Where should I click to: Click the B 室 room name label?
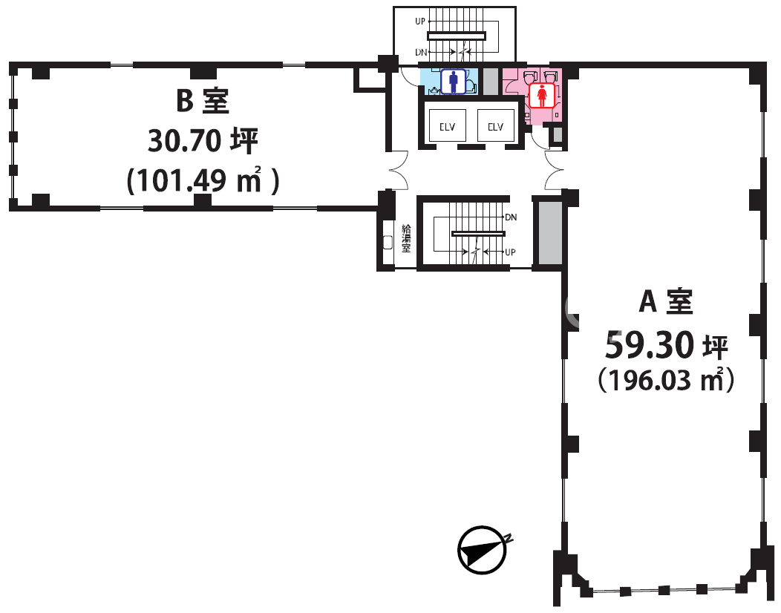click(x=202, y=102)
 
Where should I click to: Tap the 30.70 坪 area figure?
click(x=202, y=140)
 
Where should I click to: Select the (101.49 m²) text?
click(x=202, y=180)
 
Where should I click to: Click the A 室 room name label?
click(x=666, y=301)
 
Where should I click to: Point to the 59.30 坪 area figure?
click(x=666, y=344)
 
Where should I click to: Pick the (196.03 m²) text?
click(x=666, y=381)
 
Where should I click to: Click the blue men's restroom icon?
click(x=454, y=82)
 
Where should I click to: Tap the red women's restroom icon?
click(x=542, y=96)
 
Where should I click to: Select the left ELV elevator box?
click(x=447, y=126)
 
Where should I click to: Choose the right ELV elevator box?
click(x=495, y=126)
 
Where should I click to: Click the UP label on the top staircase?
click(x=420, y=22)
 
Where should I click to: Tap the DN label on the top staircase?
click(x=420, y=52)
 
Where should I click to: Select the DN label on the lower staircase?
click(x=510, y=217)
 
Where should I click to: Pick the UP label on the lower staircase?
click(x=510, y=252)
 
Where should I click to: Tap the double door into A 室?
click(x=554, y=170)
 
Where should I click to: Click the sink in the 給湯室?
click(x=388, y=242)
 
